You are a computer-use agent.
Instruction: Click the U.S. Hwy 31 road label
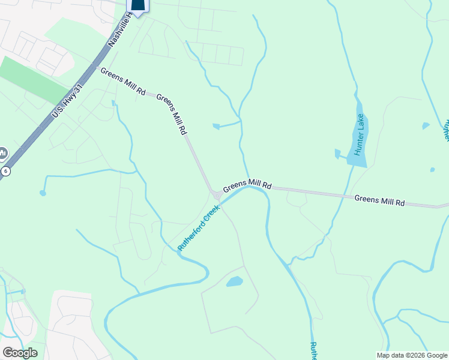point(65,98)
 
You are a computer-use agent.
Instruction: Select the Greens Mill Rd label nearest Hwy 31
point(123,82)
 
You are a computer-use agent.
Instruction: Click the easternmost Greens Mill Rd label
point(379,200)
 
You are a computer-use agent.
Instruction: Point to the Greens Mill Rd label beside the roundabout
point(247,187)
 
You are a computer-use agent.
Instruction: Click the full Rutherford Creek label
point(199,227)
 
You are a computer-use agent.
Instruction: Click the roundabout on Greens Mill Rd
point(216,194)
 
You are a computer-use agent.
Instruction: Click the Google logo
point(20,353)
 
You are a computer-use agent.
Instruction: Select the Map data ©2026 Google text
point(411,355)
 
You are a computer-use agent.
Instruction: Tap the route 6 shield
point(4,171)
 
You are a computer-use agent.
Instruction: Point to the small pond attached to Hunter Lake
point(337,154)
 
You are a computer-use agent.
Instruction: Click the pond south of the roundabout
point(234,281)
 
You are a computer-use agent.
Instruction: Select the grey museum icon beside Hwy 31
point(2,154)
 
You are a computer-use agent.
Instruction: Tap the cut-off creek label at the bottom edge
point(313,352)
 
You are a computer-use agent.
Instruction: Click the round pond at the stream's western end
point(43,193)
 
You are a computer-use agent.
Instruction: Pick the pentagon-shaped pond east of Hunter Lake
point(426,126)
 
